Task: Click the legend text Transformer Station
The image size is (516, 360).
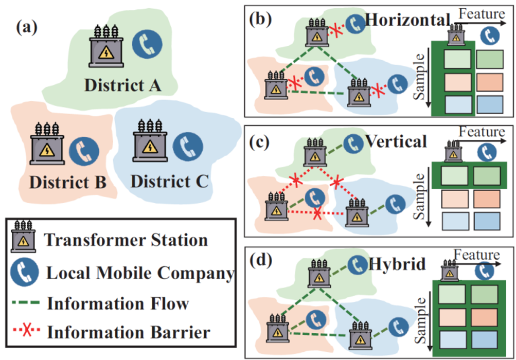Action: (126, 240)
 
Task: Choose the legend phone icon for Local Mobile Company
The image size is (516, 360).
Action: (24, 272)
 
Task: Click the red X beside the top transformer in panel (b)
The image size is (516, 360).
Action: (335, 30)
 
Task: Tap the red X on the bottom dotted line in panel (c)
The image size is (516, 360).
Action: (317, 212)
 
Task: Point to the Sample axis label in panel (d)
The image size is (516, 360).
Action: (420, 319)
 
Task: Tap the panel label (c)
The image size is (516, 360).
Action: (259, 140)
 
